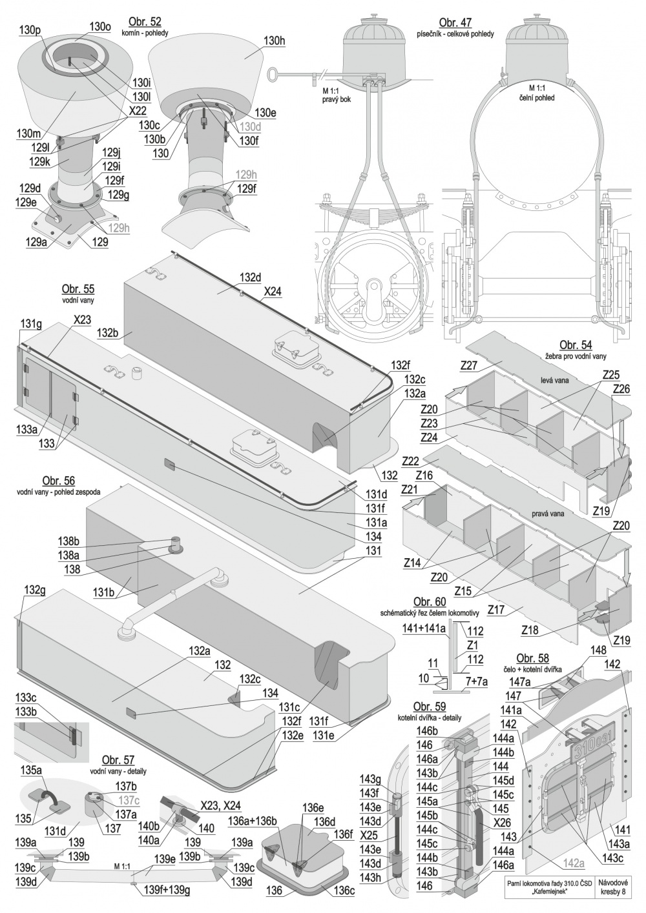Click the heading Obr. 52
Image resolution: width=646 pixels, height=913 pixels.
pos(145,22)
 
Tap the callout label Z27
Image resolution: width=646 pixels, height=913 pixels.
pos(469,366)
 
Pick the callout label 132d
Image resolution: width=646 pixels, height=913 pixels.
pos(251,277)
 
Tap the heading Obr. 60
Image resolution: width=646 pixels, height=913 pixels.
pos(430,601)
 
